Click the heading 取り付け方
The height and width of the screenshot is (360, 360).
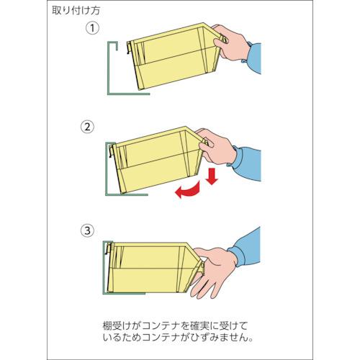click(76, 11)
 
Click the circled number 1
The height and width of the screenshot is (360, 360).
click(92, 28)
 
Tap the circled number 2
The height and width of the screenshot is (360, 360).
click(87, 127)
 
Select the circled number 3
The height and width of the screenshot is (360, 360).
click(87, 230)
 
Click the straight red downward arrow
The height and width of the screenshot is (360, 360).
click(212, 176)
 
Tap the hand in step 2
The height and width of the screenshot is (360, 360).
click(216, 147)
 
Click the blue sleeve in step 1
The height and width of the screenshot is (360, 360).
click(253, 58)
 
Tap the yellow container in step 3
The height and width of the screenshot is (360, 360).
click(153, 268)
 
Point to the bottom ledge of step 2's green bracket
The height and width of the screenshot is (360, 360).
click(127, 194)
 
